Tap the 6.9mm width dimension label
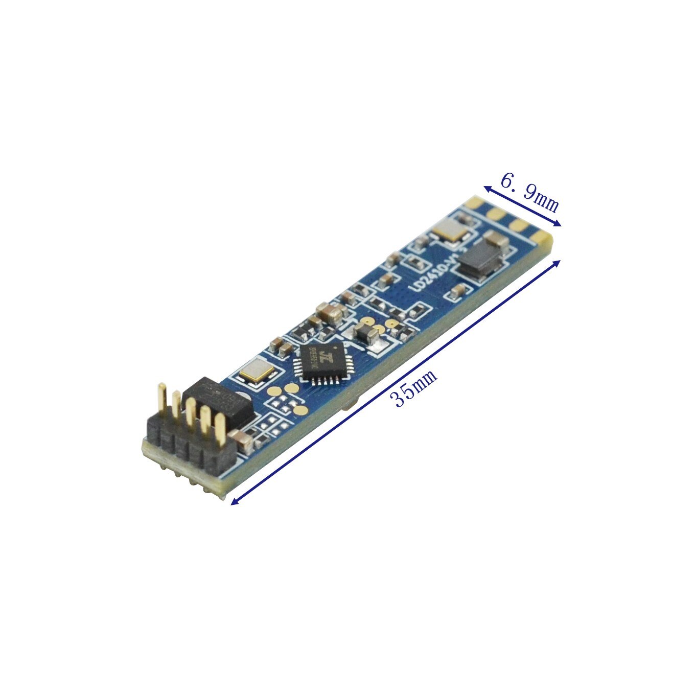pyautogui.click(x=529, y=193)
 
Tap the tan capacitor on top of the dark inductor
pyautogui.click(x=493, y=238)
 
